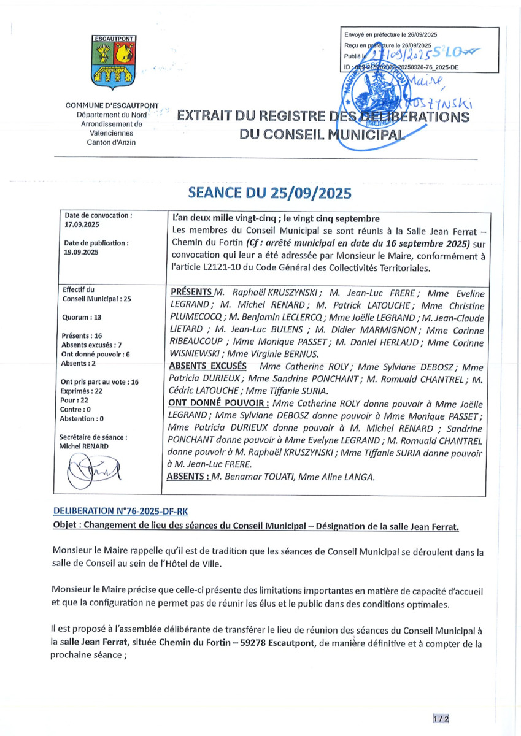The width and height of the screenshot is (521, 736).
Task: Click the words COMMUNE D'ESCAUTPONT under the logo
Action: pyautogui.click(x=112, y=106)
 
